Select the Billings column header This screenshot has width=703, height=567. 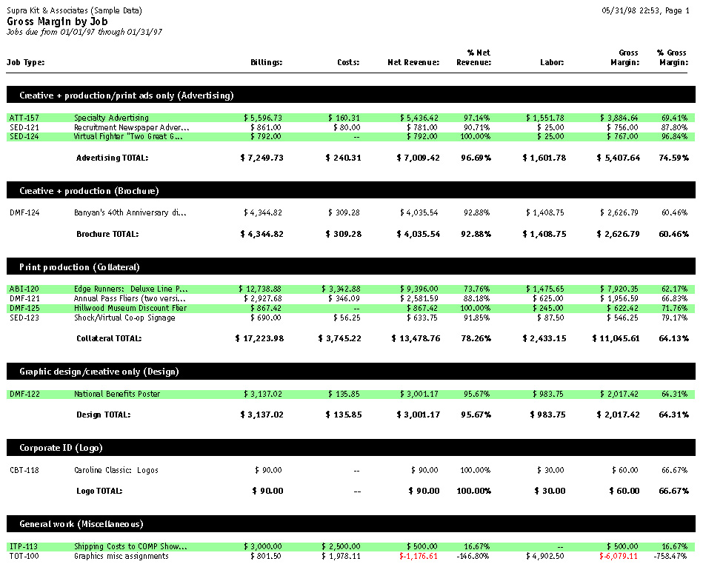(267, 63)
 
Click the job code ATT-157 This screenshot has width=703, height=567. (27, 118)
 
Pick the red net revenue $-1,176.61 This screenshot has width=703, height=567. (419, 557)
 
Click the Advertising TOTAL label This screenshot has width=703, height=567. (112, 158)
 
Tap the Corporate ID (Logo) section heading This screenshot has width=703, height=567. (61, 448)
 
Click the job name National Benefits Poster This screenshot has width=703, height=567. (117, 394)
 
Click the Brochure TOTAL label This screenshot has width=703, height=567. (107, 234)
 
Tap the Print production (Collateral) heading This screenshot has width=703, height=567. (79, 267)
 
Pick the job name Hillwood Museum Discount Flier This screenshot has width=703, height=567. (130, 308)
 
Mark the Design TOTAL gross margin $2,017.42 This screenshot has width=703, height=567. (617, 415)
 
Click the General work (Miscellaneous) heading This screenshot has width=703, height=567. (81, 524)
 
